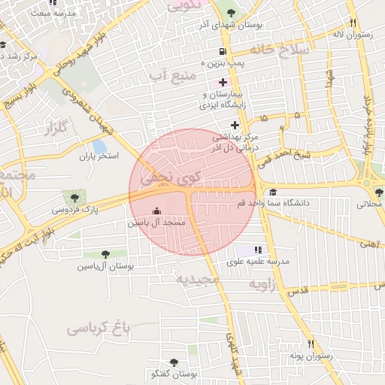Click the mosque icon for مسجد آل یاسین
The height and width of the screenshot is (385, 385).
pyautogui.click(x=156, y=211)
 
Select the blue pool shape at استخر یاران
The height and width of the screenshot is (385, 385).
pyautogui.click(x=99, y=147)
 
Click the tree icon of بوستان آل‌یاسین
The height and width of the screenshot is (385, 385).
pyautogui.click(x=105, y=254)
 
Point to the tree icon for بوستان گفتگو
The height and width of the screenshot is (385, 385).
pyautogui.click(x=174, y=362)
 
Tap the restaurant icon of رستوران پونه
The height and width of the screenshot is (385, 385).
pyautogui.click(x=308, y=344)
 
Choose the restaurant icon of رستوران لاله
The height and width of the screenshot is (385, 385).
pyautogui.click(x=353, y=23)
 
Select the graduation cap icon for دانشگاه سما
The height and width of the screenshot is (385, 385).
pyautogui.click(x=272, y=192)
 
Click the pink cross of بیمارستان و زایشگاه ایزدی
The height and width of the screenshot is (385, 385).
pyautogui.click(x=223, y=81)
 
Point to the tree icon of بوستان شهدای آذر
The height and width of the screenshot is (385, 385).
pyautogui.click(x=229, y=14)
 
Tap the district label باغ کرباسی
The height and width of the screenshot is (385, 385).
pyautogui.click(x=99, y=328)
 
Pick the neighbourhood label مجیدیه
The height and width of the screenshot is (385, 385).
pyautogui.click(x=196, y=280)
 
